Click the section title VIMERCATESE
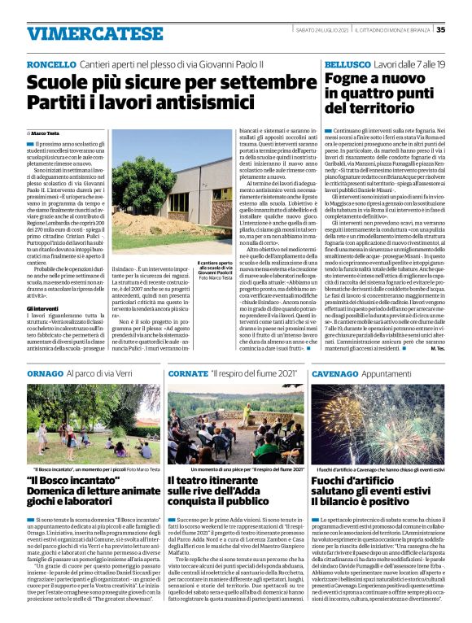pos(84,33)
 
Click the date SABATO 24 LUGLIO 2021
pos(324,30)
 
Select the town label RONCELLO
pos(51,63)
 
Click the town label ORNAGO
pos(45,372)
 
